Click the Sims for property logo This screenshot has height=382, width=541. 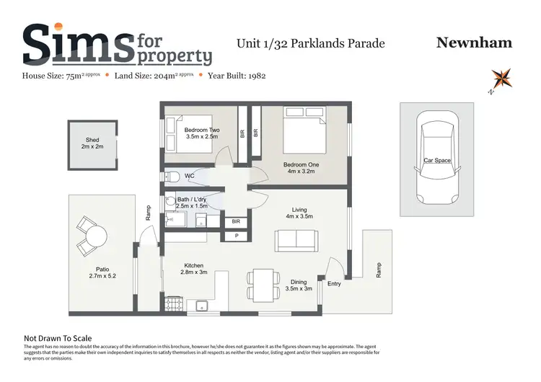click(x=117, y=45)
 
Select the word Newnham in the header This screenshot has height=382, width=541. click(x=474, y=43)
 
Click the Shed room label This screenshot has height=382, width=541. click(x=92, y=143)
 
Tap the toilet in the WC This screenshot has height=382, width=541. click(x=170, y=177)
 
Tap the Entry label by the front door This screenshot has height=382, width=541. click(x=334, y=284)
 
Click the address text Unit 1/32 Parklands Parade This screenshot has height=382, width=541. click(x=311, y=43)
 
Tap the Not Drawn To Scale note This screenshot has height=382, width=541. click(x=58, y=337)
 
